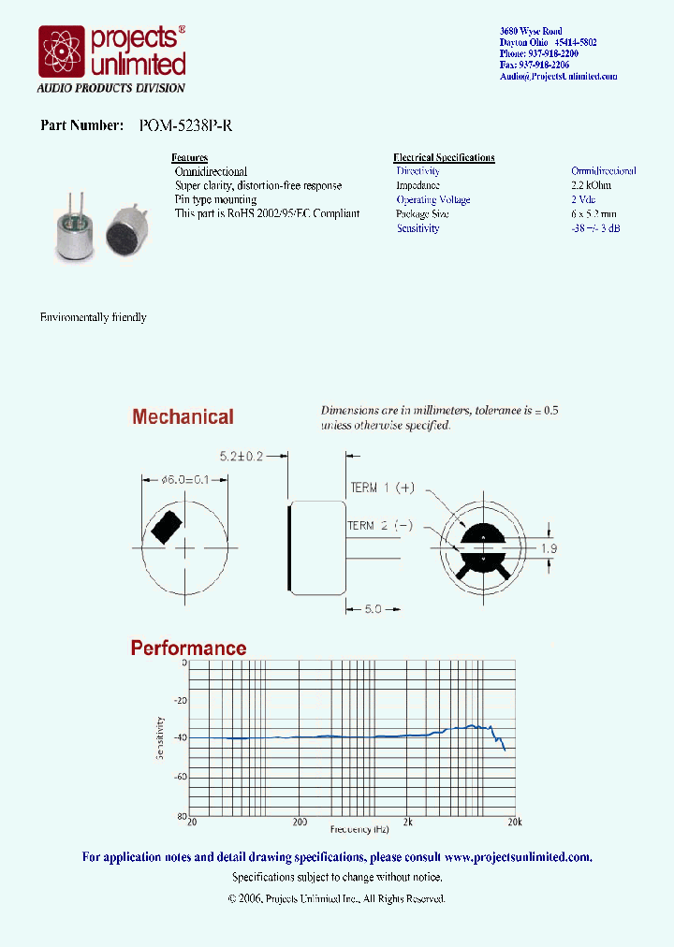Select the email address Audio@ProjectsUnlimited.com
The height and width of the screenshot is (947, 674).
click(558, 76)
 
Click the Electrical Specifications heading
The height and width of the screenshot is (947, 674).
click(444, 157)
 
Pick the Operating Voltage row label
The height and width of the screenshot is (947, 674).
click(432, 199)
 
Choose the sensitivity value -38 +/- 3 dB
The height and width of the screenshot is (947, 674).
click(595, 228)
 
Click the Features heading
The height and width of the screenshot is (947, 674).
click(190, 157)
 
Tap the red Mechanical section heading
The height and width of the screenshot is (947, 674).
click(183, 417)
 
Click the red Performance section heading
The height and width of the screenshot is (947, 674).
click(188, 648)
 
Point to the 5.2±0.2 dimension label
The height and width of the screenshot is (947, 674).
click(242, 457)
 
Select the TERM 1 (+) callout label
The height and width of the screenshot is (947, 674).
click(382, 488)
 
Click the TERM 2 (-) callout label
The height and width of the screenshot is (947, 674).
click(380, 526)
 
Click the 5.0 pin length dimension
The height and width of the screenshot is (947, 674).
click(373, 608)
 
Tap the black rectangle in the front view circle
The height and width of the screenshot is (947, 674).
click(166, 527)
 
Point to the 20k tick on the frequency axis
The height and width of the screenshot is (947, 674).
click(514, 822)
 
